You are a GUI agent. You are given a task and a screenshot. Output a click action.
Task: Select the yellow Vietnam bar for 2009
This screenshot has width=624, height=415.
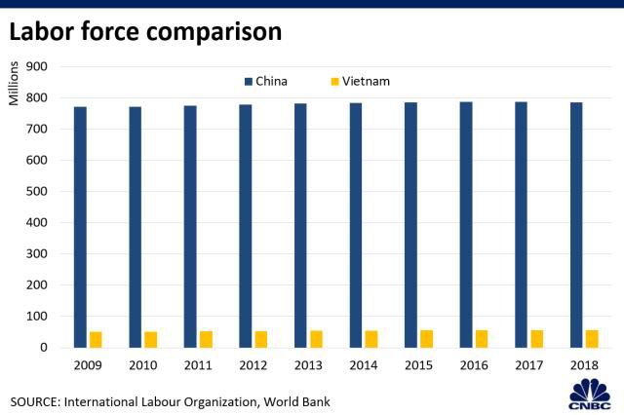[x=96, y=339]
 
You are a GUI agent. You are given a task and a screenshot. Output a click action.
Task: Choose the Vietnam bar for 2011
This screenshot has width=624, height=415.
[x=206, y=339]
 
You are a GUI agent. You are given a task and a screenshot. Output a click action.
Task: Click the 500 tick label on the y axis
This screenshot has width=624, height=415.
[x=37, y=191]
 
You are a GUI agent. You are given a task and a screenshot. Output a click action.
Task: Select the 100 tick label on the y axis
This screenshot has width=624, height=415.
[x=37, y=316]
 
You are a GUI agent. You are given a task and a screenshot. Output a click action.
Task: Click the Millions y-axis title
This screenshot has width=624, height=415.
[x=14, y=84]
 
